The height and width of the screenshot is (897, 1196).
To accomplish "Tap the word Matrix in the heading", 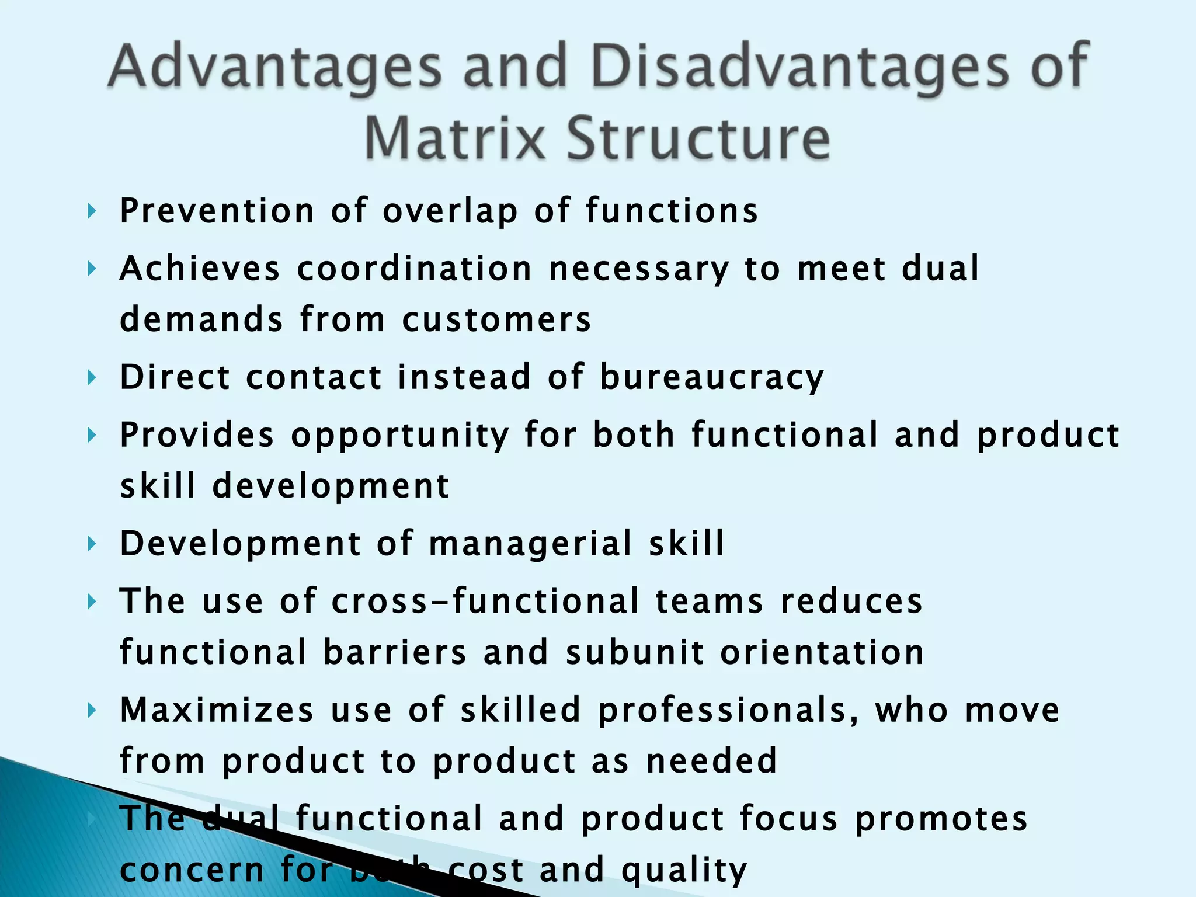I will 454,138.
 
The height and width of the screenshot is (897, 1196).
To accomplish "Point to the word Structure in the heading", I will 698,138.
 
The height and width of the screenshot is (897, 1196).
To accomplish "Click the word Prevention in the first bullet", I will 217,211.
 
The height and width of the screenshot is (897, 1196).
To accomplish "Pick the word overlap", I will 450,211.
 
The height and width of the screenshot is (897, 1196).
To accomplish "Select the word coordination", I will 414,269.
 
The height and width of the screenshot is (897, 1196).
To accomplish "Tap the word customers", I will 496,320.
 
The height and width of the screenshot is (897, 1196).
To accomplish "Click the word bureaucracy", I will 712,377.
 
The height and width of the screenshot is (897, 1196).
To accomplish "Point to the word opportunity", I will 400,436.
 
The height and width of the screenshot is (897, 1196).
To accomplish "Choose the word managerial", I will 531,544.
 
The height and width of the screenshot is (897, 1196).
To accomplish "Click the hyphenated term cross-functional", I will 485,602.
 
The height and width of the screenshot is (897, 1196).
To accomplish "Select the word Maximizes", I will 217,710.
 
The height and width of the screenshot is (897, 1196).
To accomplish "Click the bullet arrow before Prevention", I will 91,211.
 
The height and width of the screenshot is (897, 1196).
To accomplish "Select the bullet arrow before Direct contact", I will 91,378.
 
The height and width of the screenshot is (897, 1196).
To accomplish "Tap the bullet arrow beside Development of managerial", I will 91,544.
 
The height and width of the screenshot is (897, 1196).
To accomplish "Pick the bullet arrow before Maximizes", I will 91,711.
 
